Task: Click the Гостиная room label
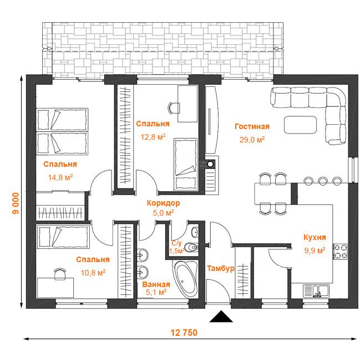252,126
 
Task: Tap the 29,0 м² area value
252,140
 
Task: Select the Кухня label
315,237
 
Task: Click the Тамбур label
221,268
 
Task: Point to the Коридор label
163,203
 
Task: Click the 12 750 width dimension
184,333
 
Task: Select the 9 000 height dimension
16,203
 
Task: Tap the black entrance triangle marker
221,316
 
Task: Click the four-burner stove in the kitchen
341,252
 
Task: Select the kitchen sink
316,291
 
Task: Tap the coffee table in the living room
301,125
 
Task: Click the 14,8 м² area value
60,177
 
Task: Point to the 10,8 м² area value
93,273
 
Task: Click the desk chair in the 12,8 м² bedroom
174,108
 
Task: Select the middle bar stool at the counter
323,181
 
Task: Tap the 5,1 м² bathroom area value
156,292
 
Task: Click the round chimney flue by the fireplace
210,164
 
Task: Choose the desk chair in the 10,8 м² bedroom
59,274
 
